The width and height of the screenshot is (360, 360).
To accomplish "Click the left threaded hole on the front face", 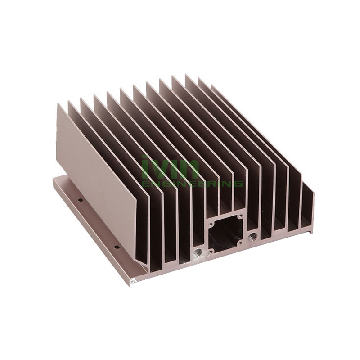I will tap(197, 252).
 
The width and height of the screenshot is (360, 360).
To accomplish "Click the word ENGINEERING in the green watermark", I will tap(192, 184).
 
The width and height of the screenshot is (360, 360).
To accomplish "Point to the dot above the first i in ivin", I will tap(144, 157).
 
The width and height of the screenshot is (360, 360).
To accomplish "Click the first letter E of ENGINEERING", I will tap(145, 184).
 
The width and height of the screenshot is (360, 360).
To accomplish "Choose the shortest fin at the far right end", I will tap(307, 207).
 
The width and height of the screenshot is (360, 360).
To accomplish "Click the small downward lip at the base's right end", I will tap(310, 231).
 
